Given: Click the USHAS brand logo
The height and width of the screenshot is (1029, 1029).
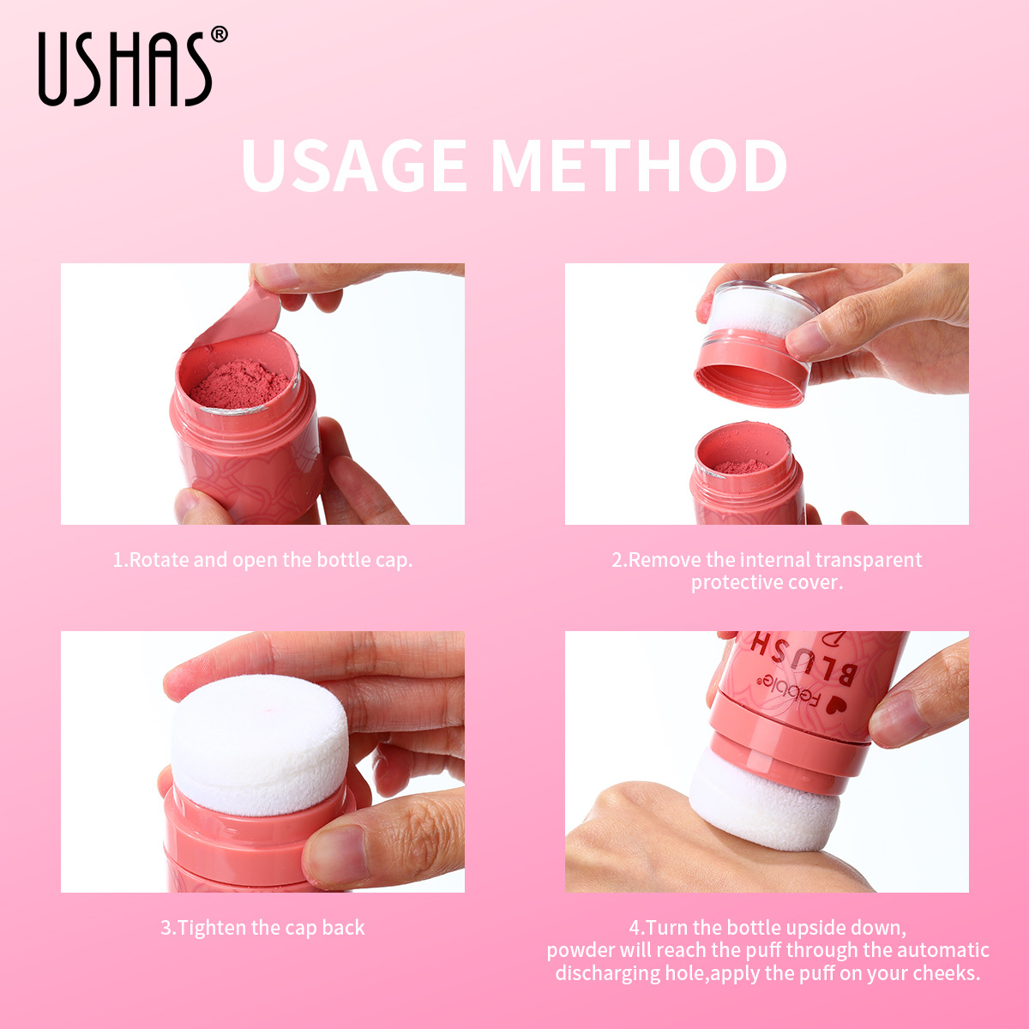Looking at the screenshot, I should [125, 69].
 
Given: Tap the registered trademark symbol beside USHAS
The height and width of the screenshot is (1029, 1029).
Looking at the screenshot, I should [219, 35].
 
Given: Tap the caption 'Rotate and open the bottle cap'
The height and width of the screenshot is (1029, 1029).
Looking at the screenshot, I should [262, 560].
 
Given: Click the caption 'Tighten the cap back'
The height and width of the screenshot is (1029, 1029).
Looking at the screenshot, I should [262, 928].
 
